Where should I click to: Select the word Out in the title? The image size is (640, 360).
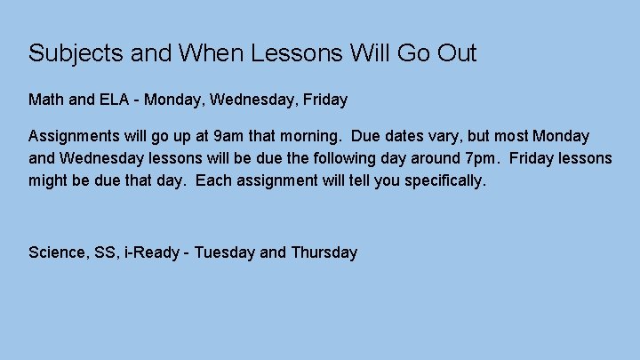coord(456,53)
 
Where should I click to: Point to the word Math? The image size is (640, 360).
coord(46,100)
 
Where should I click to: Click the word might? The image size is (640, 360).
coord(50,181)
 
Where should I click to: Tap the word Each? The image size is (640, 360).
coord(212,181)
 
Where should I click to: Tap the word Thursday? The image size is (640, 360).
coord(324,252)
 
